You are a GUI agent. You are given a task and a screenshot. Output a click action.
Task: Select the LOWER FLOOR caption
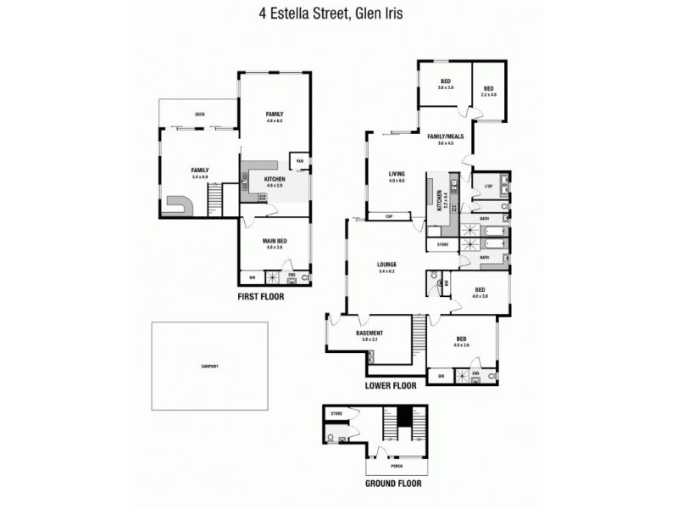(391, 385)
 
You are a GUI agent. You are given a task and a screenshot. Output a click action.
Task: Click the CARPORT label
(209, 366)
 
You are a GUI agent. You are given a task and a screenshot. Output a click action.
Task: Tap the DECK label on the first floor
(200, 114)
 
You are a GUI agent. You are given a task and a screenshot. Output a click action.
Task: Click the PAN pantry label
(298, 160)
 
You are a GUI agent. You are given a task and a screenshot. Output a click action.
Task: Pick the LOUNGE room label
(387, 265)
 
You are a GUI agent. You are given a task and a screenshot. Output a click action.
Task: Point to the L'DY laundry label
(488, 186)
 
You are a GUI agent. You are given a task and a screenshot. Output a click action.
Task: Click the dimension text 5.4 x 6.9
(200, 176)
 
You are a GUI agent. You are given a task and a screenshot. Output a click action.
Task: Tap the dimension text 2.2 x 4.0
(488, 94)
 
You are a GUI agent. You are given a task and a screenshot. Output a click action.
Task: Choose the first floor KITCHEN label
(275, 179)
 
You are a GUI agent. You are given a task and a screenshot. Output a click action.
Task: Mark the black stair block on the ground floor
(405, 417)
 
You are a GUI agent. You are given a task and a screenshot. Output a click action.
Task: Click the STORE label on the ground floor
(336, 414)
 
